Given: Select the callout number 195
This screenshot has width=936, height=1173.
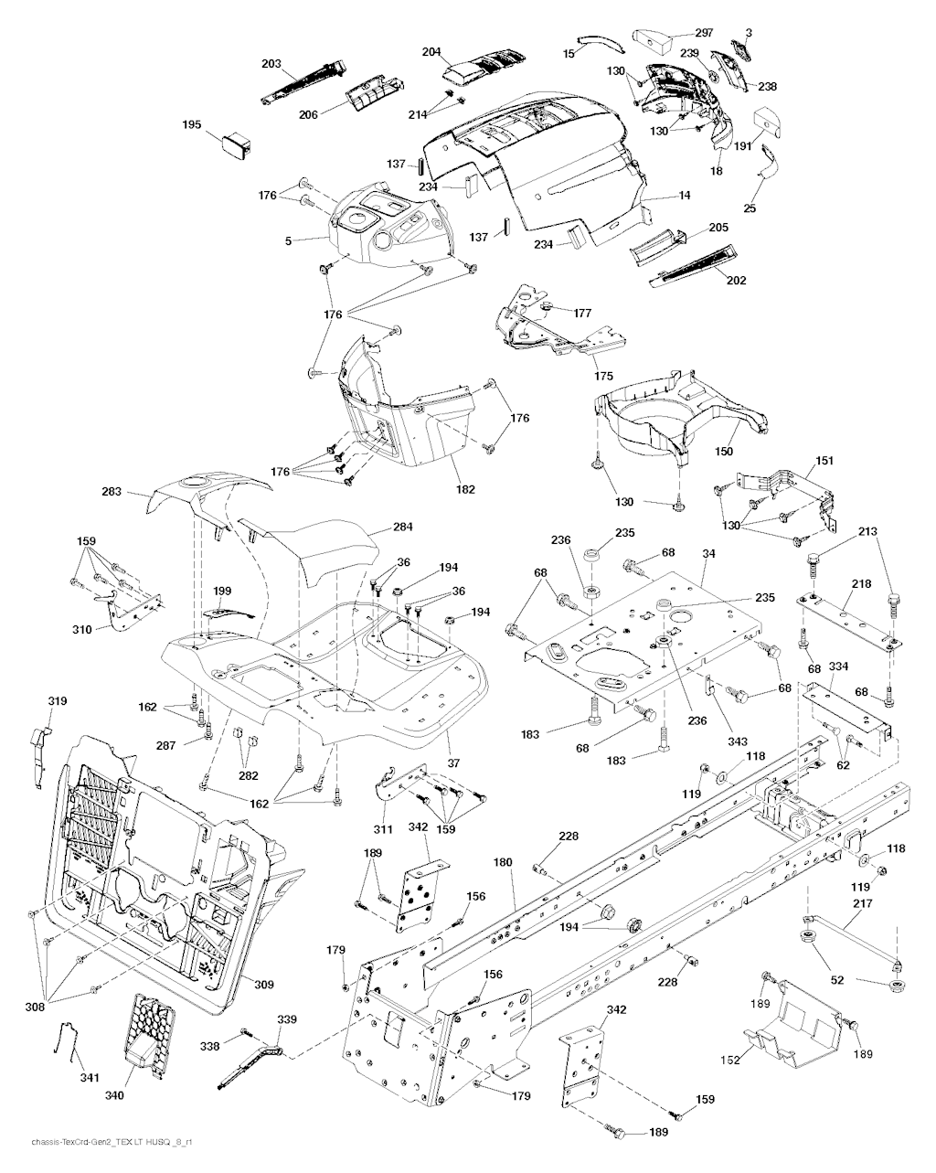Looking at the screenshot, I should tap(191, 124).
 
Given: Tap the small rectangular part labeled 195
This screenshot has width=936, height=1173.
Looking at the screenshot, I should tap(236, 143).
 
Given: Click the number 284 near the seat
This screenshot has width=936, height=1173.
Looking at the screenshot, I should tap(403, 527).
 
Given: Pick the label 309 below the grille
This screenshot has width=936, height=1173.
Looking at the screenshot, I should tap(263, 984).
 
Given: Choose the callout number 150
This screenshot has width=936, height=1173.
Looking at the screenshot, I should tap(723, 452).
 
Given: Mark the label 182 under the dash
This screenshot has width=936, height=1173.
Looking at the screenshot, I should tap(465, 489).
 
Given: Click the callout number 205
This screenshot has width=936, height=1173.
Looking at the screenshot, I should tap(718, 228).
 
